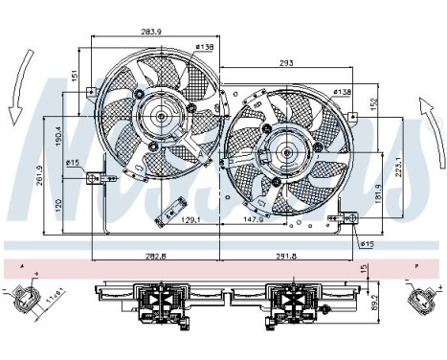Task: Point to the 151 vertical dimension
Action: coord(74,74)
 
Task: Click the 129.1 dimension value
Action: coord(192,221)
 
